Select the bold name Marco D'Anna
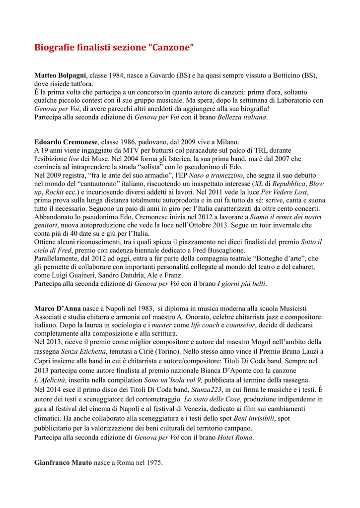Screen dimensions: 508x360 pyautogui.click(x=58, y=309)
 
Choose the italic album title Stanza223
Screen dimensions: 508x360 pyautogui.click(x=212, y=389)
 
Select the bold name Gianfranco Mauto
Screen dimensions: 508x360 pyautogui.click(x=63, y=462)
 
